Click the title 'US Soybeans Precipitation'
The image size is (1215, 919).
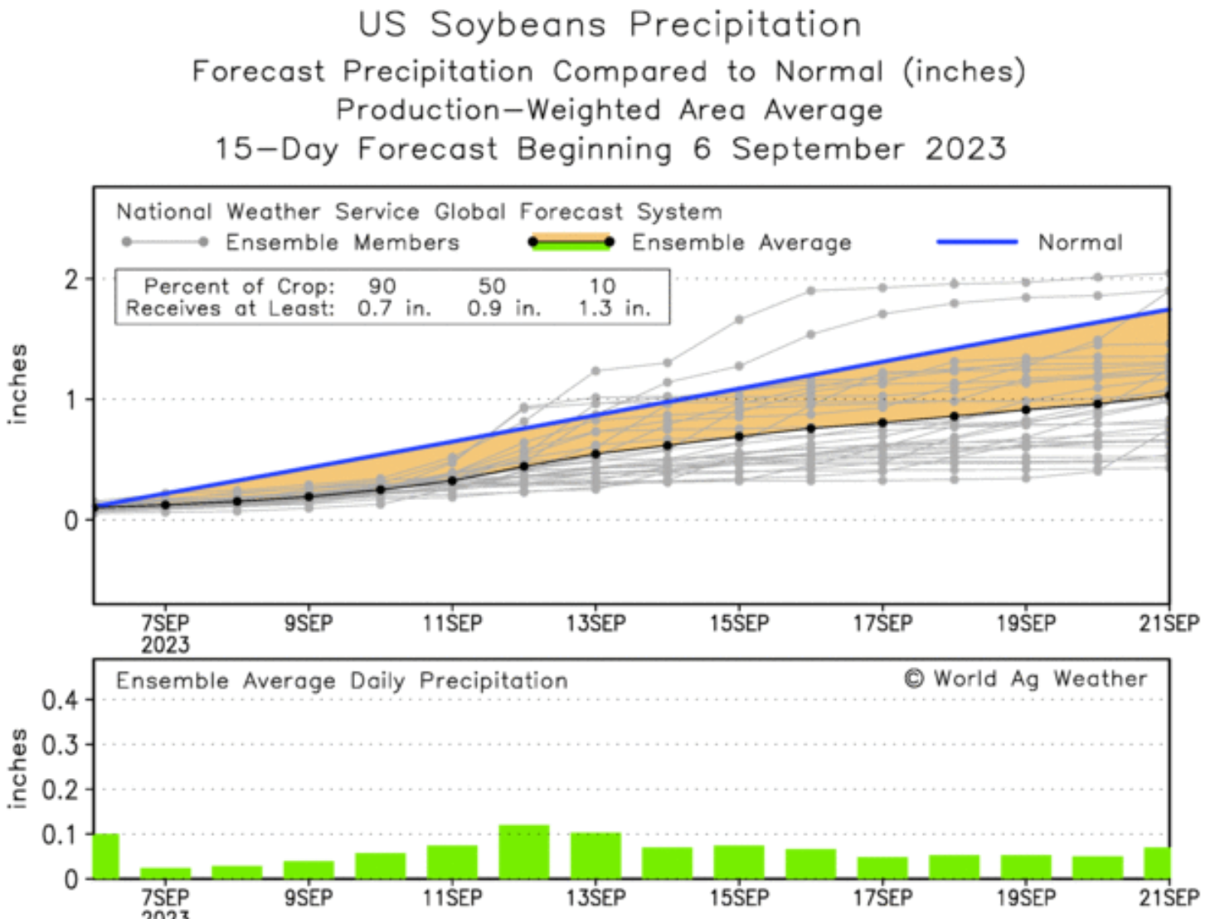(610, 25)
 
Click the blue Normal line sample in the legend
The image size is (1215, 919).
(976, 242)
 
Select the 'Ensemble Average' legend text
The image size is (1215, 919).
(741, 242)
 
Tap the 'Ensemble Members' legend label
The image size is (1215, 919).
(342, 242)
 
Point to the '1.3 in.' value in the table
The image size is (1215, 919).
(614, 309)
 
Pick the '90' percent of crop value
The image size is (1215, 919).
(382, 286)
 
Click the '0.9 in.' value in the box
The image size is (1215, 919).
(503, 309)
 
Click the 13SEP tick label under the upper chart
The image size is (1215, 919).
(595, 623)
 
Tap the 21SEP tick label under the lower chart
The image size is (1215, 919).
(1169, 897)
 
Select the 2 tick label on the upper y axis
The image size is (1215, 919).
(72, 280)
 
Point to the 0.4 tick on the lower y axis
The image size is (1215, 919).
(60, 700)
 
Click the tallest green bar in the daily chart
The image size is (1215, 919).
(524, 852)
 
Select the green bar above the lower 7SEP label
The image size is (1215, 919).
(165, 873)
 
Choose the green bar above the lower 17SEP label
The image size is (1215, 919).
(882, 868)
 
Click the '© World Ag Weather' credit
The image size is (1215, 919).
(1025, 678)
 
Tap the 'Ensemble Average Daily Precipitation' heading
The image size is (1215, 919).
(342, 681)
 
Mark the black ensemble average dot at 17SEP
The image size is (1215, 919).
(882, 422)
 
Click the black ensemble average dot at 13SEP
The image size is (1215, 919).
(595, 453)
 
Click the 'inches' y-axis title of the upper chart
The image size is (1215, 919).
(17, 384)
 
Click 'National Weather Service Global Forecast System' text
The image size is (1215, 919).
(419, 212)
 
